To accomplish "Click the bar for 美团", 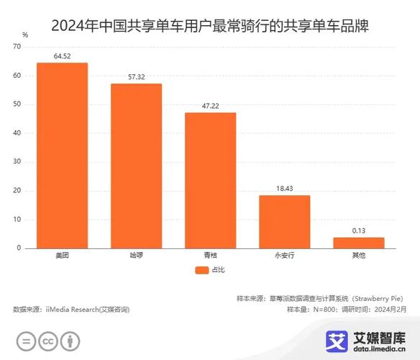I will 62,155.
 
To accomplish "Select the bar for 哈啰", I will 136,166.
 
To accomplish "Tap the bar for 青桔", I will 210,180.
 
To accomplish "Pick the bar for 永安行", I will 284,221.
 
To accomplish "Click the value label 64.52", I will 62,55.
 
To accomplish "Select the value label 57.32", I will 136,76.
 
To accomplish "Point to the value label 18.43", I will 284,188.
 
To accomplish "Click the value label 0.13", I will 358,230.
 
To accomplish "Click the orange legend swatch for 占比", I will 201,270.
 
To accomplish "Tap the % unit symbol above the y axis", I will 25,35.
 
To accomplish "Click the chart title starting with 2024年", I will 209,16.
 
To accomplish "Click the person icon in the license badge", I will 70,341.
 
